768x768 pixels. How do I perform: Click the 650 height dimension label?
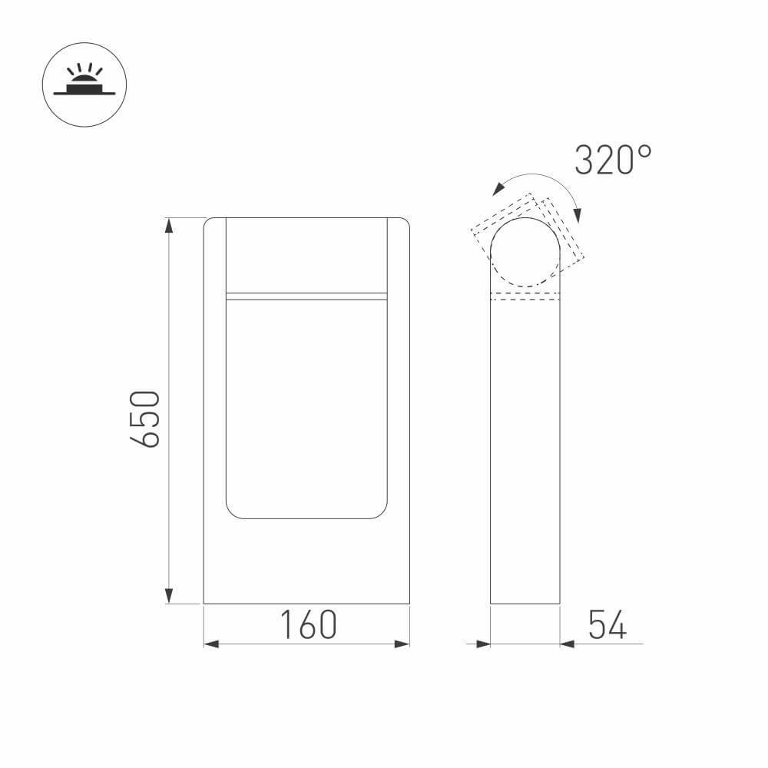point(145,419)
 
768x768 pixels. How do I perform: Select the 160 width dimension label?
point(309,624)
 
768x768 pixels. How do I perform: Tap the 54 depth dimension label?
point(607,624)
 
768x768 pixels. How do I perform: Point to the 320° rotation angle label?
point(613,160)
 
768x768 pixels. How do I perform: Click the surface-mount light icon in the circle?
point(84,82)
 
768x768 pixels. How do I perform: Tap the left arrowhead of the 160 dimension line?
point(211,644)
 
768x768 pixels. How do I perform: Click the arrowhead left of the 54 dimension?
point(483,644)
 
